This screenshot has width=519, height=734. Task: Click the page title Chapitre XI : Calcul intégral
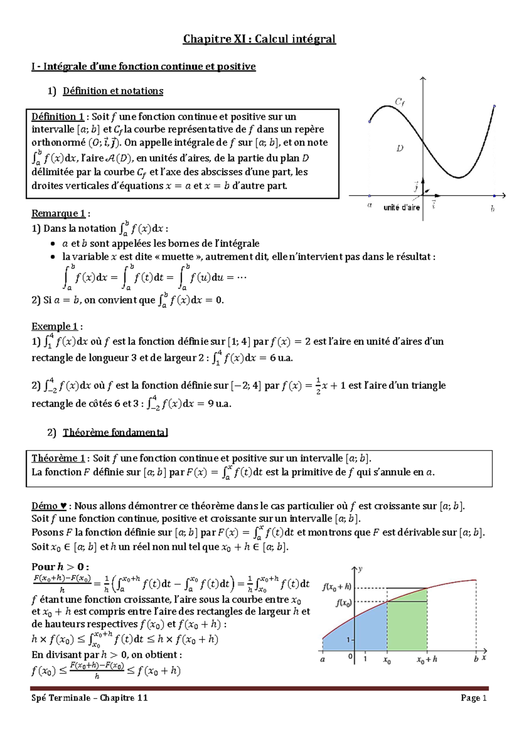(x=259, y=39)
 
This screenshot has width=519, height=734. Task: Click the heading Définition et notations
(x=113, y=91)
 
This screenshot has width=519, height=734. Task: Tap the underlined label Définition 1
(x=58, y=116)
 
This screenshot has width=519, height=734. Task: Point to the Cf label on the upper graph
(x=400, y=102)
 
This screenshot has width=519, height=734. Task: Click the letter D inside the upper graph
(x=400, y=148)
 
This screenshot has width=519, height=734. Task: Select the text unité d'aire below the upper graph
(x=401, y=208)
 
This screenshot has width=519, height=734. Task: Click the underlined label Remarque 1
(x=58, y=213)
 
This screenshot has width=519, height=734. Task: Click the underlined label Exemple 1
(x=54, y=326)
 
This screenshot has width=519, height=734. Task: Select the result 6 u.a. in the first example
(x=281, y=358)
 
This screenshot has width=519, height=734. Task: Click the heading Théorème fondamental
(x=115, y=432)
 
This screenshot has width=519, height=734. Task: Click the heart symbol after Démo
(x=64, y=506)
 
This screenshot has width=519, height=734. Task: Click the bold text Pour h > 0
(x=60, y=567)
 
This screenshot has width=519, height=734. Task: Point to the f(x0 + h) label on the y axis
(x=336, y=587)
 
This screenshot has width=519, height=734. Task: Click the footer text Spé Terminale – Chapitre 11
(x=90, y=698)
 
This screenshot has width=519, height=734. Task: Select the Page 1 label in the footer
(x=474, y=698)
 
